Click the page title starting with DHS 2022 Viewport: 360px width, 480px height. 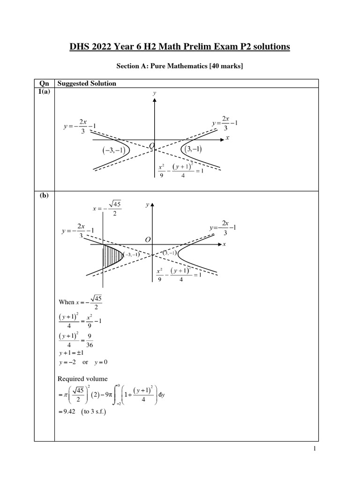(x=180, y=47)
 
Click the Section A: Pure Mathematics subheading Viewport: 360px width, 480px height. (x=180, y=67)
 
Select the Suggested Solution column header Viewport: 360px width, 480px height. (x=86, y=83)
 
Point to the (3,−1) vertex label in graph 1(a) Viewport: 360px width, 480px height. (x=193, y=150)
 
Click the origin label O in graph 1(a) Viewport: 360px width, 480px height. (x=151, y=147)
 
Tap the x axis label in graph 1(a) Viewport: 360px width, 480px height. (x=227, y=139)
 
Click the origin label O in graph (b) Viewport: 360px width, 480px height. (x=148, y=240)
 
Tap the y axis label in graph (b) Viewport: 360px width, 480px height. (x=147, y=205)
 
